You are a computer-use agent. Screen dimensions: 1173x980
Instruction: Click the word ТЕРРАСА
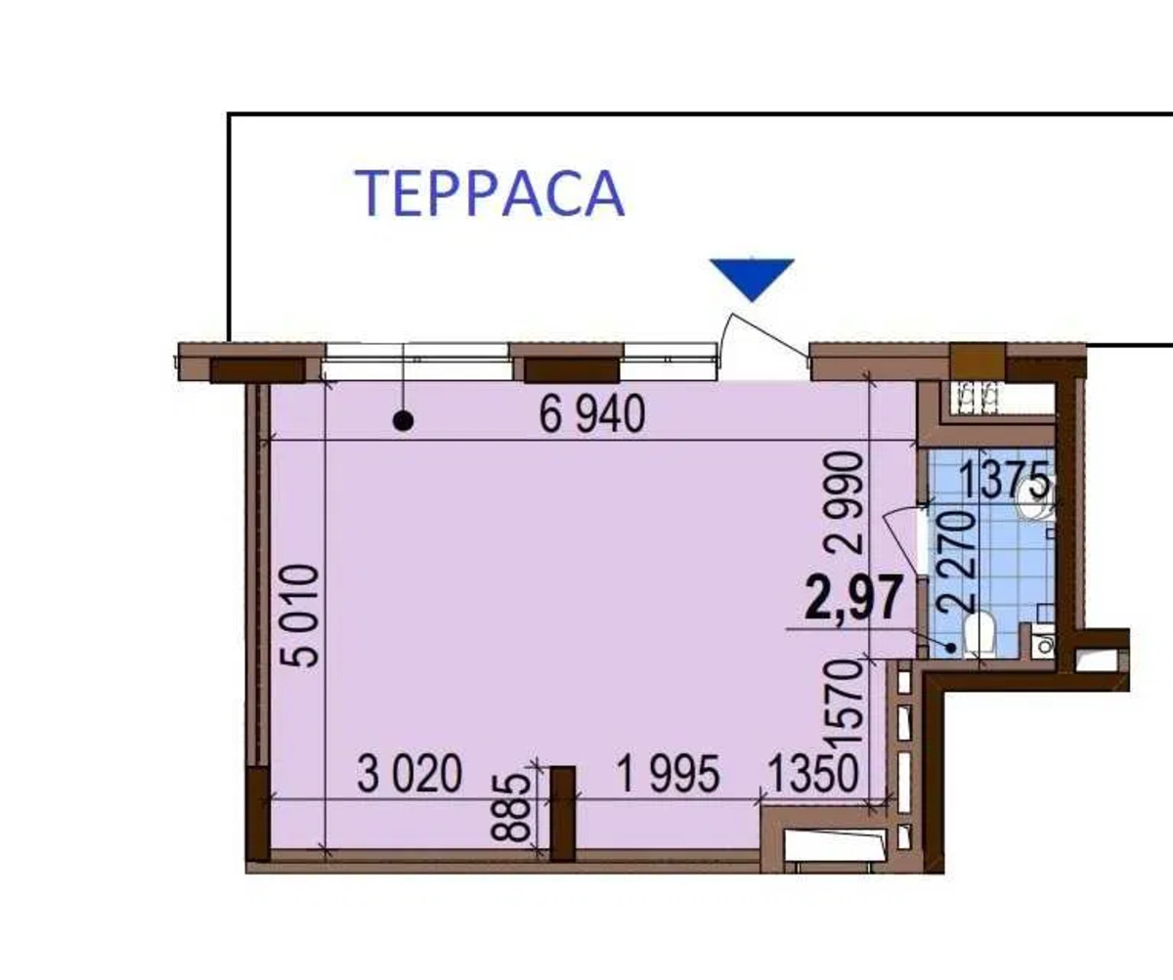click(490, 193)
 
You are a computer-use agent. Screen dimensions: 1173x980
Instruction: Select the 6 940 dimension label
click(592, 414)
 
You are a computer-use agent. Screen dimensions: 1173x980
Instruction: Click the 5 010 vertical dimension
click(299, 616)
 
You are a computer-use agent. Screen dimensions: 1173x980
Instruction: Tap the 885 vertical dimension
click(510, 808)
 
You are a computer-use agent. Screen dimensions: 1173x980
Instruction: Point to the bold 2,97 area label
click(853, 598)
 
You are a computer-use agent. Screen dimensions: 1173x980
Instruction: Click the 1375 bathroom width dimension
click(1004, 479)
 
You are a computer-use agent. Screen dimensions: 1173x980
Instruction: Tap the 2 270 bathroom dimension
click(954, 562)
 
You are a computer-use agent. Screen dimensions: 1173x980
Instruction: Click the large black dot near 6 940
click(403, 420)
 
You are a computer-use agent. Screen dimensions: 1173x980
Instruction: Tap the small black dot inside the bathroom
click(951, 648)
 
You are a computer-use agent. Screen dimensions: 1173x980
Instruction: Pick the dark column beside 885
click(562, 813)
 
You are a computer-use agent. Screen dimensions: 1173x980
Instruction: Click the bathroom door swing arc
click(900, 539)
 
